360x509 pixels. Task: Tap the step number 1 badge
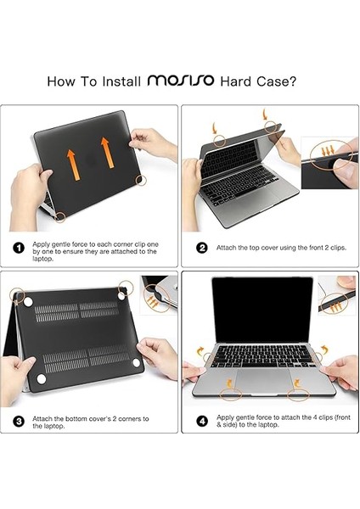[18, 249]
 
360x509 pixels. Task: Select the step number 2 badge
[201, 249]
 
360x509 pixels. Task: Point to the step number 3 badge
[18, 421]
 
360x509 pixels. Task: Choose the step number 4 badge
[201, 421]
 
